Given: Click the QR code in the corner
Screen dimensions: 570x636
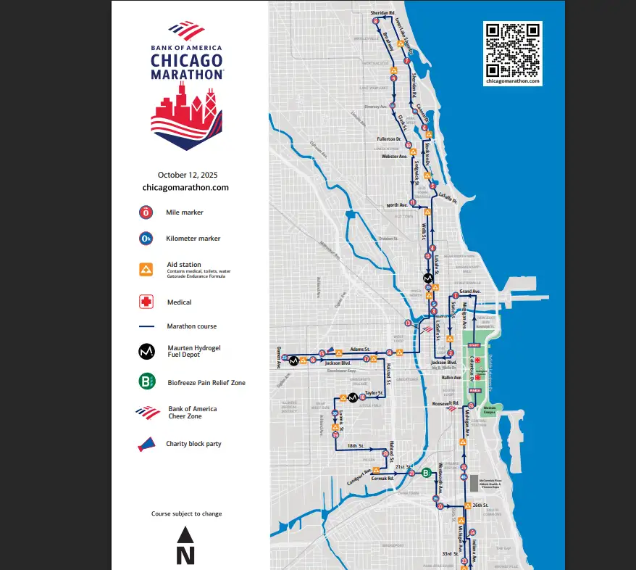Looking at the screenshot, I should point(513,49).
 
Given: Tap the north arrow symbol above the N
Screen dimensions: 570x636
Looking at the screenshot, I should point(185,535).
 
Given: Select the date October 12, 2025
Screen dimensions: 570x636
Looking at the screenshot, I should point(188,175).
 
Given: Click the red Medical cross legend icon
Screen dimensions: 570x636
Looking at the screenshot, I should point(146,302).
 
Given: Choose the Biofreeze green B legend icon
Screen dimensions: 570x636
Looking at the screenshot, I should point(146,381).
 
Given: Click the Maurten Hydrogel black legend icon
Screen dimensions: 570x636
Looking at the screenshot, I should point(146,352).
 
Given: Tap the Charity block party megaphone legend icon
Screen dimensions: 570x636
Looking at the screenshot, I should point(146,444).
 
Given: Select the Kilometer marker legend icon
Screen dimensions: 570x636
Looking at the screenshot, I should point(146,239).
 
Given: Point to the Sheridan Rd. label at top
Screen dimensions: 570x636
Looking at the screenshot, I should point(382,13).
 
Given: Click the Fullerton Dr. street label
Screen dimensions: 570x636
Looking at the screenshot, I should point(389,139).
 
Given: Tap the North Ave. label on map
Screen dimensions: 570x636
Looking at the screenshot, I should point(398,205).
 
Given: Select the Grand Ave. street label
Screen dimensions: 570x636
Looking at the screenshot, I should point(470,292).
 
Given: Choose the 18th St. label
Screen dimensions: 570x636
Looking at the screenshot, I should point(356,446).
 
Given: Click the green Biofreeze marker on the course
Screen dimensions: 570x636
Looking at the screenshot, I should point(427,472).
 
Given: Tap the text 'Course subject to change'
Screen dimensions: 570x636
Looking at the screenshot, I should point(187,513).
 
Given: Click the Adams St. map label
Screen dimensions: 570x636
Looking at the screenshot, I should point(360,349).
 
